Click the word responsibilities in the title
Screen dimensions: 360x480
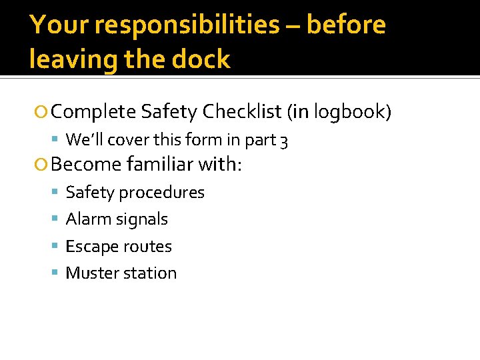tap(188, 25)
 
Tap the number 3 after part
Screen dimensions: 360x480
tap(284, 140)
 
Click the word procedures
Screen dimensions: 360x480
tap(163, 193)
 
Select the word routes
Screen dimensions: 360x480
tap(147, 247)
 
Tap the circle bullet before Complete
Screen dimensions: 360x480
tap(42, 111)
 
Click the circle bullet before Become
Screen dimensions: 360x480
tap(42, 164)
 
